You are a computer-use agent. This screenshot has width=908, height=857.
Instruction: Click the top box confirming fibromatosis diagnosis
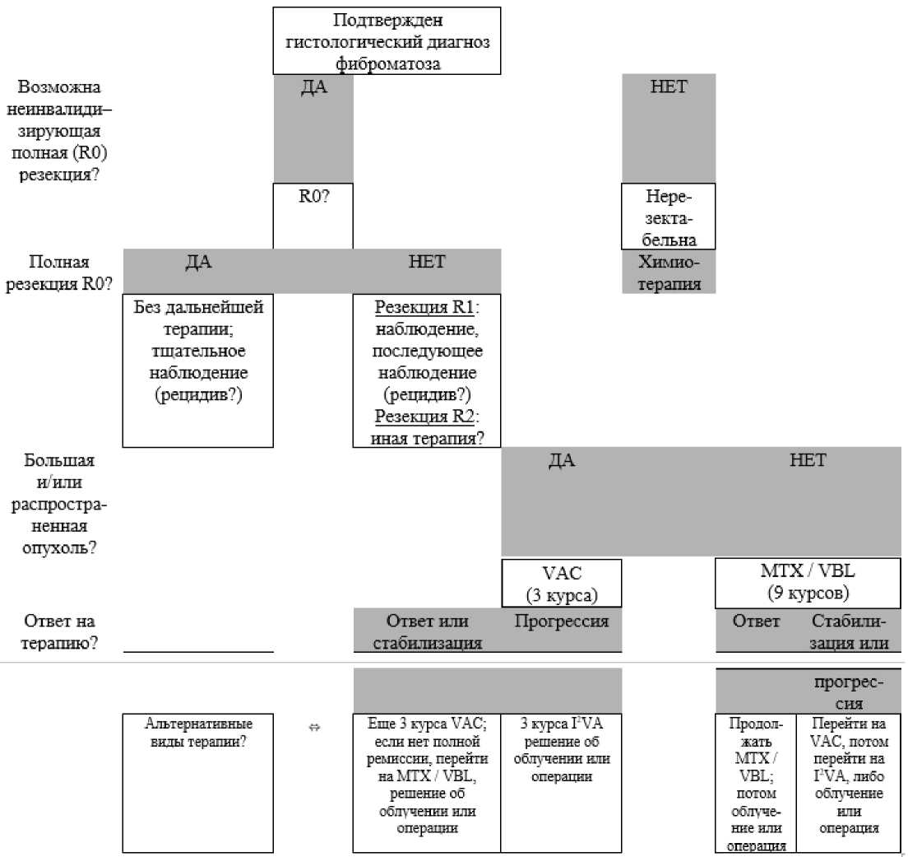click(x=387, y=40)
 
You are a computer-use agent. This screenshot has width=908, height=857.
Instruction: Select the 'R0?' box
click(x=313, y=217)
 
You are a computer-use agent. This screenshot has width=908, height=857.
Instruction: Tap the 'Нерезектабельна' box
click(x=669, y=217)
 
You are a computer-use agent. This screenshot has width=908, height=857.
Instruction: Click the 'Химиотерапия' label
click(x=669, y=272)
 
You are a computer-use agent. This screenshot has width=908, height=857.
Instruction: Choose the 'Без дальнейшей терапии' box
click(x=198, y=370)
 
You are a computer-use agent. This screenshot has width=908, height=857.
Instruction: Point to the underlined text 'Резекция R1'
click(x=424, y=307)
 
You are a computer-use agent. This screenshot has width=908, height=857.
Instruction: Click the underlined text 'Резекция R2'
click(x=424, y=416)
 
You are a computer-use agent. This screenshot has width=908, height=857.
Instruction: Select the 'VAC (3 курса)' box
click(x=561, y=583)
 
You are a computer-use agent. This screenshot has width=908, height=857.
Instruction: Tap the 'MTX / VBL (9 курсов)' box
click(x=808, y=583)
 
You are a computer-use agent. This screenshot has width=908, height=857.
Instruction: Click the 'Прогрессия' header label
click(x=561, y=622)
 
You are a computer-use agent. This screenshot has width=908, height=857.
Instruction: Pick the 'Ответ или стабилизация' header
click(x=428, y=631)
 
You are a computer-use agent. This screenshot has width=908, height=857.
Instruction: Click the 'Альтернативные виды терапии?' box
click(x=198, y=783)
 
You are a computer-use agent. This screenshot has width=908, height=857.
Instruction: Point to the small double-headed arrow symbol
click(x=314, y=727)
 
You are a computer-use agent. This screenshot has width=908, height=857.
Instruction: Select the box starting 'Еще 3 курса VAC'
click(x=427, y=783)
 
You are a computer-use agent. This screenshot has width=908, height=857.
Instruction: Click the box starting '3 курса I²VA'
click(x=561, y=783)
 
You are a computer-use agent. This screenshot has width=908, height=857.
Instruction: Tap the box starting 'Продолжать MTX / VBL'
click(x=756, y=783)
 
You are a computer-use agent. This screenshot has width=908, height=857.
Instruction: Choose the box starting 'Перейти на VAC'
click(x=848, y=783)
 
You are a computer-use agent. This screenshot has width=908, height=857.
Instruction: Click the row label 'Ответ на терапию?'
click(x=59, y=631)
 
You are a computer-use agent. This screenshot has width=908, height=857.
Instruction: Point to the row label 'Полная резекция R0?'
click(x=59, y=272)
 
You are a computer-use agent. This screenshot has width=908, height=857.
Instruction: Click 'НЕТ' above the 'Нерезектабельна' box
click(x=669, y=86)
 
